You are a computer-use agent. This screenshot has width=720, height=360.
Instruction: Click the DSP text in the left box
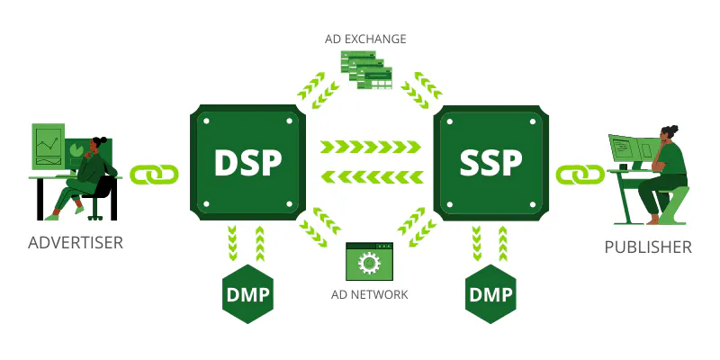pos(247,162)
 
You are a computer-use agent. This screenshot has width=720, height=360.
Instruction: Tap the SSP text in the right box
pos(490,162)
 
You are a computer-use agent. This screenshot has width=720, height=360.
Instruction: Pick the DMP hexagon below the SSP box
pos(490,295)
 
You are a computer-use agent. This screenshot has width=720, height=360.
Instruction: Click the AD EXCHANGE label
pos(365,39)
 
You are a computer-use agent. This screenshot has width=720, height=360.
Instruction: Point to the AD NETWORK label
pos(370,294)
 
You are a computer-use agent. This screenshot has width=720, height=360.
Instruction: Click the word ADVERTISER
pos(76,243)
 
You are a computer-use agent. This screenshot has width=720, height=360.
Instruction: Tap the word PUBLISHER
pos(647,247)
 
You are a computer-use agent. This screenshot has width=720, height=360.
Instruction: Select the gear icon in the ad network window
pos(368,265)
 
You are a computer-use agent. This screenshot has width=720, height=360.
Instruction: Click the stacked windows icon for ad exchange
pos(367,70)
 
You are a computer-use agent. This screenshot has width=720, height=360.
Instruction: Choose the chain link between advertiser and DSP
pos(155,172)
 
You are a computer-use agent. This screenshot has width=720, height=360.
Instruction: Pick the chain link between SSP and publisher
pos(580,172)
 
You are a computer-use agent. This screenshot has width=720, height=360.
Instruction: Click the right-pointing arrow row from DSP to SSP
pos(371,147)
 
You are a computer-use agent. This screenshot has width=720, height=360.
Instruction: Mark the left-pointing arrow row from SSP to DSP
pos(371,175)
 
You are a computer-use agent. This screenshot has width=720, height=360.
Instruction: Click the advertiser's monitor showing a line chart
pos(49,147)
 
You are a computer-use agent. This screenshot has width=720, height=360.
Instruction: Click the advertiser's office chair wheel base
pos(95,213)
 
